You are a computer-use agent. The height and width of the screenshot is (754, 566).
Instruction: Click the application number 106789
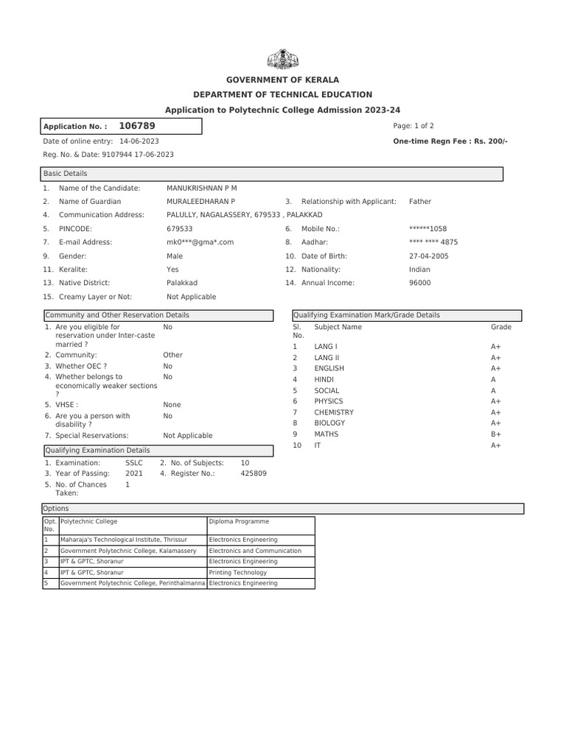137,126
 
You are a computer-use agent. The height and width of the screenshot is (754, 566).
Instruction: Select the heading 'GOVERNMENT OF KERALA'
283,80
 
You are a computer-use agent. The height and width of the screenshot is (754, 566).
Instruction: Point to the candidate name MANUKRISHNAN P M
202,188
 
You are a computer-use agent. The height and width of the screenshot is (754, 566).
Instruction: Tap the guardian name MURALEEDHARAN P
201,201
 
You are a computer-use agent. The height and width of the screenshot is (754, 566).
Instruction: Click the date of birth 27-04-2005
428,256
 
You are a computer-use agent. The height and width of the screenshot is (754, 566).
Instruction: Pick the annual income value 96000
419,282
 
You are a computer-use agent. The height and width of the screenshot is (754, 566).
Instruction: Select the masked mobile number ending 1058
427,228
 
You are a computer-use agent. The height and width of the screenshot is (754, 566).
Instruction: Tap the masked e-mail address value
200,242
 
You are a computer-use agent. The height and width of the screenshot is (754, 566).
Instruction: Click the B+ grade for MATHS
496,434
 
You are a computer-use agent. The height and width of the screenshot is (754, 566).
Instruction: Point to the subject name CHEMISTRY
334,412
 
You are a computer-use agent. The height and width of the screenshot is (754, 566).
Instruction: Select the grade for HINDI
493,379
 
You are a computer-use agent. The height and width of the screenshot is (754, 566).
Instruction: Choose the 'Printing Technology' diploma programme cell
238,572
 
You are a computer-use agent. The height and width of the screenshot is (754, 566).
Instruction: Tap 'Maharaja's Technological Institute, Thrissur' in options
124,540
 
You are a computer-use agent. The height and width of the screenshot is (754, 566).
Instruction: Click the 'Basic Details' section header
66,174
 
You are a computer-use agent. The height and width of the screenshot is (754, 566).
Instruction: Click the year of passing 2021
134,473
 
